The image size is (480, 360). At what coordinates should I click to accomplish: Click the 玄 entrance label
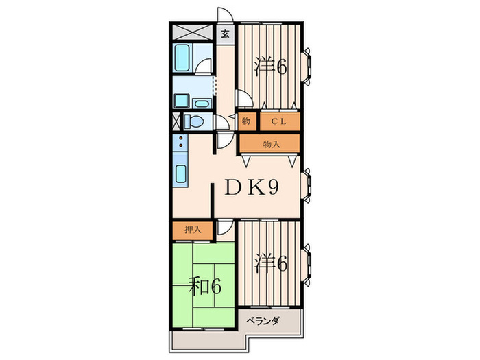225,34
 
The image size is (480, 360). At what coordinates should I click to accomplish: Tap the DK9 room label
252,187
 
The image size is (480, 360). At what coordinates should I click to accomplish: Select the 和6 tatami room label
205,286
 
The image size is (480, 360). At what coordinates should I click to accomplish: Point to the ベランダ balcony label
263,321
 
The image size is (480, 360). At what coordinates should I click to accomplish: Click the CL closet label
278,121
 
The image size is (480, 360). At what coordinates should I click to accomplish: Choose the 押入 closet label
193,230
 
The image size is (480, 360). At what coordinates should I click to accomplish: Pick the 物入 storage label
272,144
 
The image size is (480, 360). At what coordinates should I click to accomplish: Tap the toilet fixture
193,121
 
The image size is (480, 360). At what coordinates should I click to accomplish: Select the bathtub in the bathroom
182,58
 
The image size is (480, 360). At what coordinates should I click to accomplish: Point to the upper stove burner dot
180,138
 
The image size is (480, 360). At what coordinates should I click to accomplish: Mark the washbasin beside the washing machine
202,104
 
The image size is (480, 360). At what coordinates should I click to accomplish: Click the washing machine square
182,101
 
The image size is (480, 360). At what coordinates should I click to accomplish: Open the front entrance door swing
225,14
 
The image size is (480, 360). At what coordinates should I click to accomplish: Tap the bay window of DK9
307,185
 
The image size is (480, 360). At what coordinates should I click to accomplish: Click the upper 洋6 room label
271,67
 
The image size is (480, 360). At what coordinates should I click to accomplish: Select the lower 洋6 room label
271,263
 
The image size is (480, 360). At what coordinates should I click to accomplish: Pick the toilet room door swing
221,122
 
